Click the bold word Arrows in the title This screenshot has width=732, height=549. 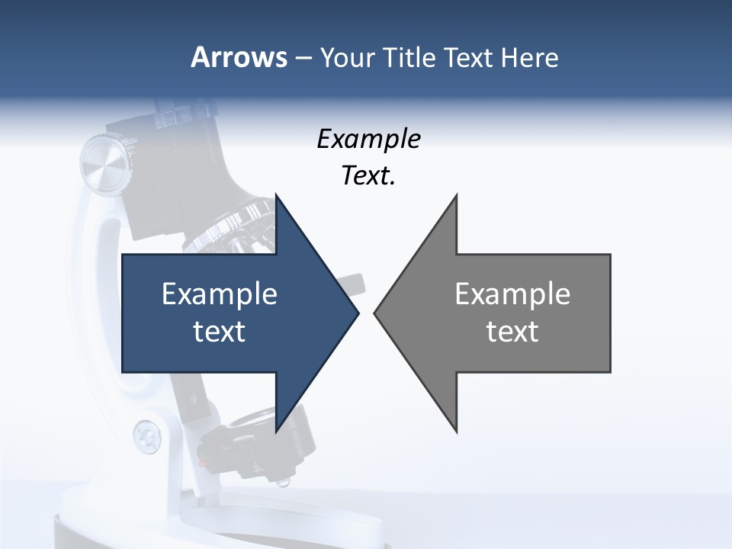click(239, 57)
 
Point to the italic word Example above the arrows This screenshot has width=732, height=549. click(368, 139)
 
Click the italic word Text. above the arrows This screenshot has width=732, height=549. click(368, 176)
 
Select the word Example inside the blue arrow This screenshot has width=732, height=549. click(219, 294)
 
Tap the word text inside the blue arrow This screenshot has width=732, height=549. click(219, 332)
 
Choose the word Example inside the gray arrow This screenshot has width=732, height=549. click(512, 294)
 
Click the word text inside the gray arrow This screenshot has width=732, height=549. click(512, 332)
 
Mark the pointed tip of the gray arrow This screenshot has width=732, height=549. click(376, 313)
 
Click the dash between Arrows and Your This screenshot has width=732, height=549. click(303, 57)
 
